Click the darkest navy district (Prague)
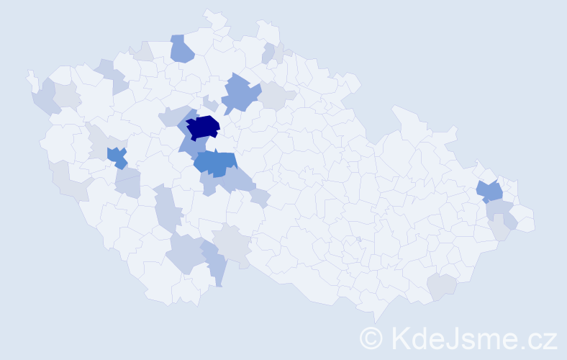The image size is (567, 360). point(204,127)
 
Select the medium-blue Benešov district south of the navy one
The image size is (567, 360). point(214,163)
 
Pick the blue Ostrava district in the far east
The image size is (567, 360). point(490,191)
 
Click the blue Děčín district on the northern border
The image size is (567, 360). point(182,49)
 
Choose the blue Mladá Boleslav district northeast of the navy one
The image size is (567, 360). point(240,94)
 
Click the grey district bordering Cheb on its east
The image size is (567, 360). point(66,96)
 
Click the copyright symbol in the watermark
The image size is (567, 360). point(371,337)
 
